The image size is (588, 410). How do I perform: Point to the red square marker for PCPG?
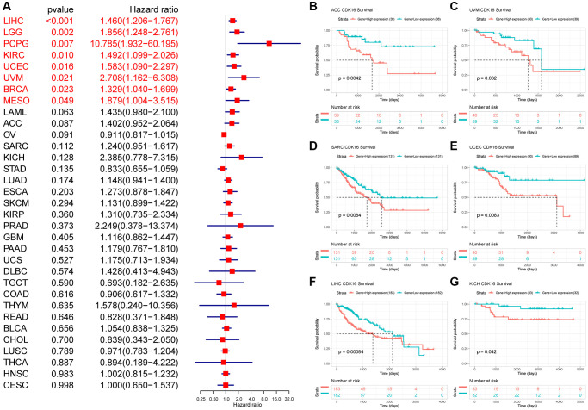point(269,41)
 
